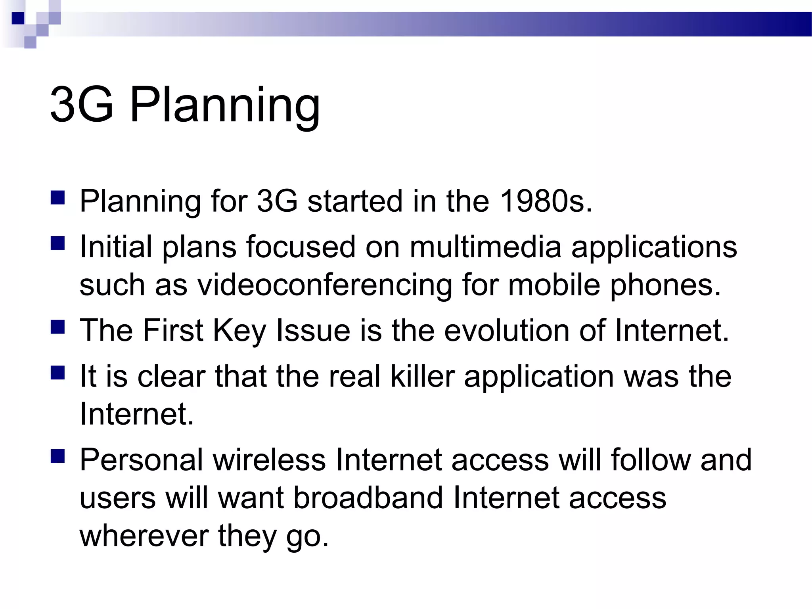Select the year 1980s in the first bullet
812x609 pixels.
[546, 201]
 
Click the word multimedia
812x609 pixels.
[485, 247]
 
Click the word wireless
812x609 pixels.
[269, 460]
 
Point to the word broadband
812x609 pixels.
[368, 498]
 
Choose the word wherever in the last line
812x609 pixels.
[144, 535]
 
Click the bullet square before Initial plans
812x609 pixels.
[58, 243]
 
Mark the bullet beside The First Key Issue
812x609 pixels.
[58, 327]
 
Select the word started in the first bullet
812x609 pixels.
[355, 201]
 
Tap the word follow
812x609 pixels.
[650, 460]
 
